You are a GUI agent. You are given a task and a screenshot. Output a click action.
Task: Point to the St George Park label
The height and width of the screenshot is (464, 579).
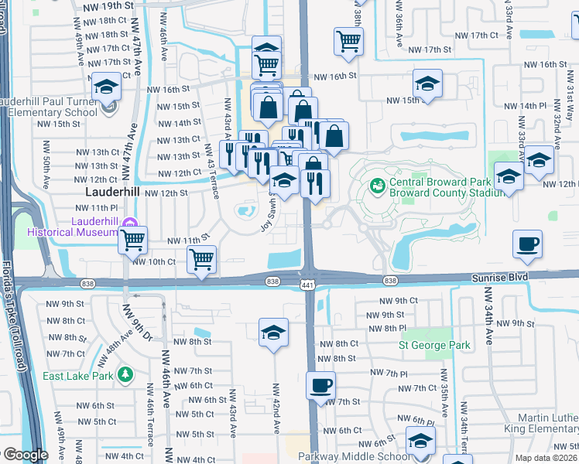pyautogui.click(x=434, y=345)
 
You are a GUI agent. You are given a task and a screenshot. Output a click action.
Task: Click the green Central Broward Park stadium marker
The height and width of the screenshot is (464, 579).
pyautogui.click(x=378, y=185)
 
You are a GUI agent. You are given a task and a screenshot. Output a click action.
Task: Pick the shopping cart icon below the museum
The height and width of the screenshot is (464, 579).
pyautogui.click(x=132, y=241)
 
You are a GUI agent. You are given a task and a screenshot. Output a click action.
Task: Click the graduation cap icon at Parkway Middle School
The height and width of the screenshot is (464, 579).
pyautogui.click(x=420, y=441)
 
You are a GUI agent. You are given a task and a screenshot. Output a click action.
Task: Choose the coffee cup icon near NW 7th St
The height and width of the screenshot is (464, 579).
pyautogui.click(x=320, y=385)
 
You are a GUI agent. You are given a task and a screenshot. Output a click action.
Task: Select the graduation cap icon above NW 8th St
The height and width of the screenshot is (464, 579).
pyautogui.click(x=273, y=333)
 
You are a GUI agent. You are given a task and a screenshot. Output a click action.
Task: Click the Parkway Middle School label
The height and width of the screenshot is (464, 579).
pyautogui.click(x=357, y=456)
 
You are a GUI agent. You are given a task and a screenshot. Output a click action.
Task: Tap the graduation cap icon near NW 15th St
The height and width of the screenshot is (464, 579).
pyautogui.click(x=427, y=84)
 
